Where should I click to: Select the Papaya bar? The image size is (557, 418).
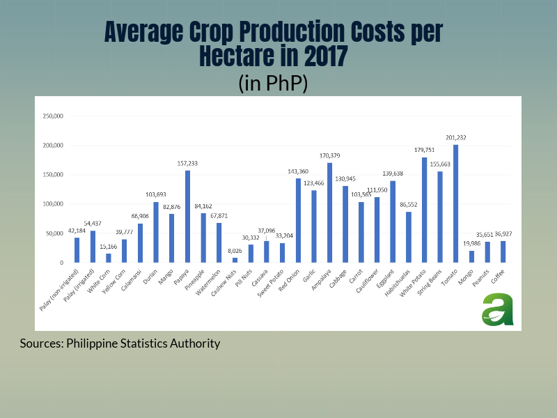coord(187,217)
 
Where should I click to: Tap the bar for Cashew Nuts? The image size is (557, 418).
coord(235,260)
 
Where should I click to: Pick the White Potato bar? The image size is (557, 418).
coord(425,210)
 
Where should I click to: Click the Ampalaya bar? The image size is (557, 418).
coord(329,212)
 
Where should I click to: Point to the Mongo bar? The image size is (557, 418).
coord(471,256)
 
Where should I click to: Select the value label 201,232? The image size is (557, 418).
coord(456,138)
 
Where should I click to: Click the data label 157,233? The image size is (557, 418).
coord(187,164)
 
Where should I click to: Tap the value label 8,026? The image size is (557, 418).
coord(235,251)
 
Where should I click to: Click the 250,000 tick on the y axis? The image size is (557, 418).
coord(54,116)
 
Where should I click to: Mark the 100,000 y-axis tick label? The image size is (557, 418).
coord(54,204)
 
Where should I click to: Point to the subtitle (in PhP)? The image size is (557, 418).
coord(273,83)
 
